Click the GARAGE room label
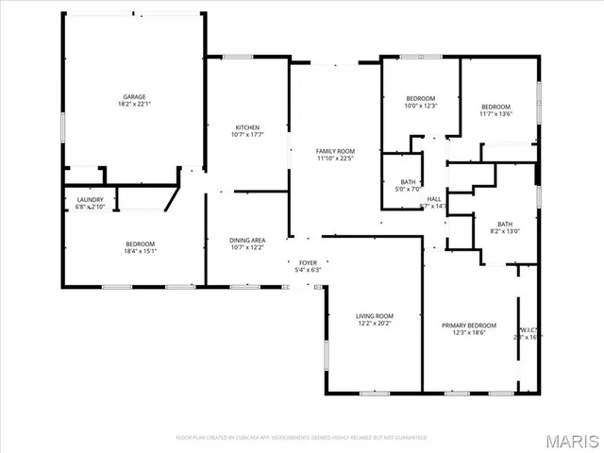(133, 96)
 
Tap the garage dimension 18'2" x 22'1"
(133, 105)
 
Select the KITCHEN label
(247, 127)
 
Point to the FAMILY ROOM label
(335, 151)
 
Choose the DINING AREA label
(247, 240)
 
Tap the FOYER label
(309, 262)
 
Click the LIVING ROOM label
(375, 316)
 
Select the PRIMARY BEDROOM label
(469, 325)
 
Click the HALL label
(434, 199)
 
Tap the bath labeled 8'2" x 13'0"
(505, 224)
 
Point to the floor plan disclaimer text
(302, 438)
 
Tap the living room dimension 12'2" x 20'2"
(375, 325)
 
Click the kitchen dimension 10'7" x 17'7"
(247, 136)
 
